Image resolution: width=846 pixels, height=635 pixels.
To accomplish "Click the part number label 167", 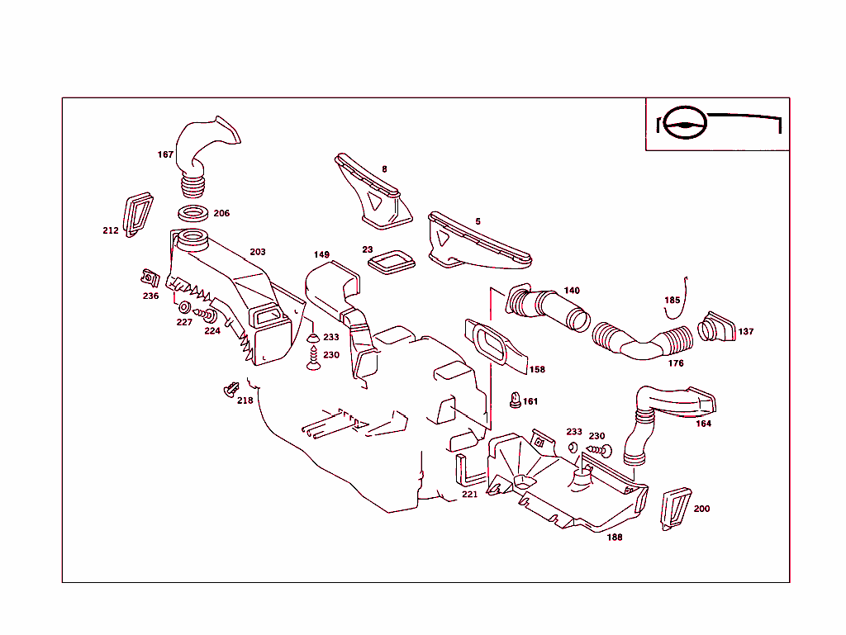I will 165,154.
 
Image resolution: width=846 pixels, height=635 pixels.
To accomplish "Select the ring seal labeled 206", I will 193,212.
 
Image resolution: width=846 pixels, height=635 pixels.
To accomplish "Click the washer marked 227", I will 184,309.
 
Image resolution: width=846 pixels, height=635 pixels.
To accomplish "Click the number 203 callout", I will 258,252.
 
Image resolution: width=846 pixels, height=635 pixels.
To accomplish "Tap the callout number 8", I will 384,169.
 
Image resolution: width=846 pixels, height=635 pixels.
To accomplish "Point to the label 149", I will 321,254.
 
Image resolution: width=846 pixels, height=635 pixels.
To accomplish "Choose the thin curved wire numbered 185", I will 677,301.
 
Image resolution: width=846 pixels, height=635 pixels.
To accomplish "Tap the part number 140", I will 572,291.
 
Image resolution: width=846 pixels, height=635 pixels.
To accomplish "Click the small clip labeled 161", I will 516,401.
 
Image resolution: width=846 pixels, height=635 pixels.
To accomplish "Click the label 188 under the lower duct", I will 615,537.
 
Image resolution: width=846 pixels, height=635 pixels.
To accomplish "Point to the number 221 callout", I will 469,495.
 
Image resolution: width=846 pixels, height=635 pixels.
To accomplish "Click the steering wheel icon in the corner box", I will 687,124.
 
